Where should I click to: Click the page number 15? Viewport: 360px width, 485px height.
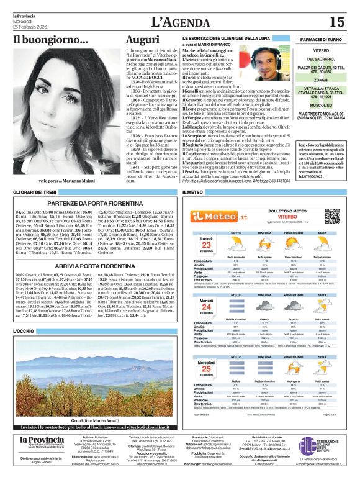tap(336, 22)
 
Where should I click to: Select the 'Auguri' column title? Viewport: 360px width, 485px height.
tap(142, 39)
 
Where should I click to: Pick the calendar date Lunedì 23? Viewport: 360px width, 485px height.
tap(205, 244)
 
